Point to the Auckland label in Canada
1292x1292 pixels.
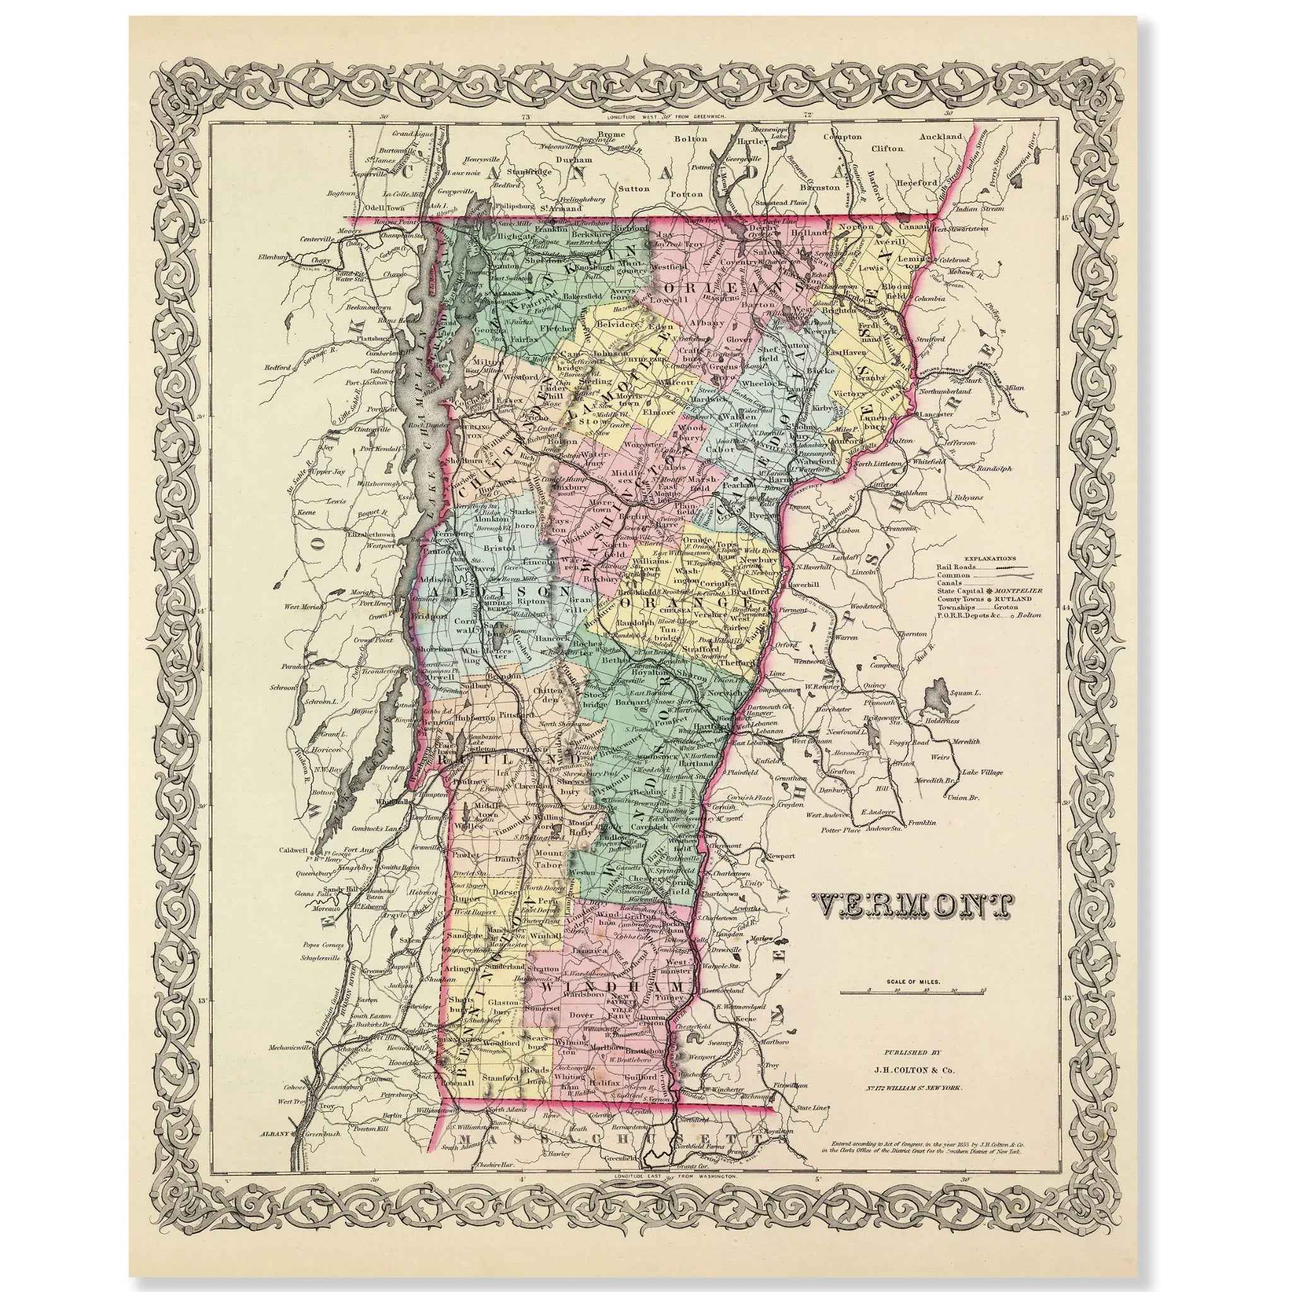point(940,136)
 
